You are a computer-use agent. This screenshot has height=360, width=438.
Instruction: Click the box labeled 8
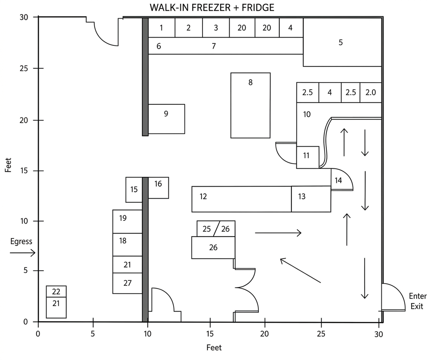[250, 105]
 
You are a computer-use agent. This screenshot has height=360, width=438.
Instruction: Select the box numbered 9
[166, 119]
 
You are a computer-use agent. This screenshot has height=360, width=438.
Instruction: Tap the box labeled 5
[343, 42]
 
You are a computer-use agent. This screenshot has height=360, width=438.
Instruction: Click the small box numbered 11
[308, 157]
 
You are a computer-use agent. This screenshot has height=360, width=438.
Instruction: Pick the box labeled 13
[311, 199]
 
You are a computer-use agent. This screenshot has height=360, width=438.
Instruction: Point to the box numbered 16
[158, 188]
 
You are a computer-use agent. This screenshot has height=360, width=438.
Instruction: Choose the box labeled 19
[127, 221]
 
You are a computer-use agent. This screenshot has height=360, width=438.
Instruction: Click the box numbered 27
[127, 283]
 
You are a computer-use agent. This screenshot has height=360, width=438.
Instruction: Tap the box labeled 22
[56, 291]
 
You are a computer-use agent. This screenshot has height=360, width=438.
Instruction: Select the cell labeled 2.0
[370, 92]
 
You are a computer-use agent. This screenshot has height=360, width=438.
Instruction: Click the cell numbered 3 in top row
[216, 28]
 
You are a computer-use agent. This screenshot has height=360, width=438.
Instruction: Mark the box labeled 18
[127, 244]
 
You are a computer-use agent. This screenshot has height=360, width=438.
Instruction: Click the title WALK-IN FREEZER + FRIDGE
[212, 7]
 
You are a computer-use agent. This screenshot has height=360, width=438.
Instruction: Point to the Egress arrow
[23, 253]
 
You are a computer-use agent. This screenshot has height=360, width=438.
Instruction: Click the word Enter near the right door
[417, 296]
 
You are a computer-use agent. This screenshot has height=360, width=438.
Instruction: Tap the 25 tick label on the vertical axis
[24, 68]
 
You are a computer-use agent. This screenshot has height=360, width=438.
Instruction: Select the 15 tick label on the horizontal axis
[210, 334]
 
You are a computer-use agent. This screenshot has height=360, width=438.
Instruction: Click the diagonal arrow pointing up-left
[300, 270]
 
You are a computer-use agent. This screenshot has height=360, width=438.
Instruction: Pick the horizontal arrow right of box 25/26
[278, 233]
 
